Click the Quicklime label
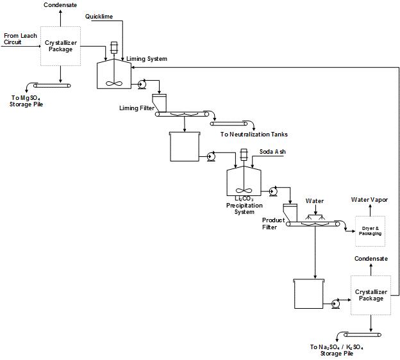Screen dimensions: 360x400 pos(99,16)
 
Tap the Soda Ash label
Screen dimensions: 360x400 pos(273,152)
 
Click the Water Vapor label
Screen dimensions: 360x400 pos(369,200)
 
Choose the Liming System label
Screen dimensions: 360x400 pos(147,59)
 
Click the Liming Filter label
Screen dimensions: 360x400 pos(137,108)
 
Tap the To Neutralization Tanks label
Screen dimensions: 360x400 pos(254,135)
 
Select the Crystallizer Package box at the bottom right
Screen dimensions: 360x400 pos(371,295)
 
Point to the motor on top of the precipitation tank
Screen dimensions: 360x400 pos(244,155)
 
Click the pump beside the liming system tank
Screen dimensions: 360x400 pos(142,84)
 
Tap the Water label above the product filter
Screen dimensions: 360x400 pos(314,201)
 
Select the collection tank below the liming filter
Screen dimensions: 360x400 pos(183,146)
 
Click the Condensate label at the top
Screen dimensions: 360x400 pos(60,5)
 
